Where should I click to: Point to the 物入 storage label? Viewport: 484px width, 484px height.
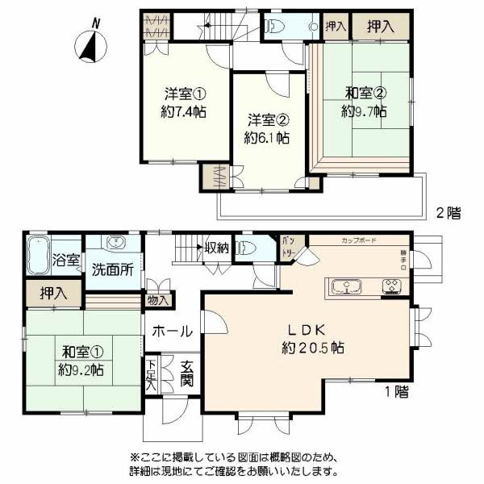pyautogui.click(x=159, y=300)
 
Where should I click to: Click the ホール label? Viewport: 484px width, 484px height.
pyautogui.click(x=172, y=331)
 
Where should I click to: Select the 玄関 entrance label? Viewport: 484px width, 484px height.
pyautogui.click(x=186, y=372)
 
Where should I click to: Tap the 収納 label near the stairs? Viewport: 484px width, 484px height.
pyautogui.click(x=215, y=248)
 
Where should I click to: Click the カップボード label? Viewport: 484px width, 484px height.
pyautogui.click(x=357, y=240)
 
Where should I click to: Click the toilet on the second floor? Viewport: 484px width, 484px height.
pyautogui.click(x=272, y=27)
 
